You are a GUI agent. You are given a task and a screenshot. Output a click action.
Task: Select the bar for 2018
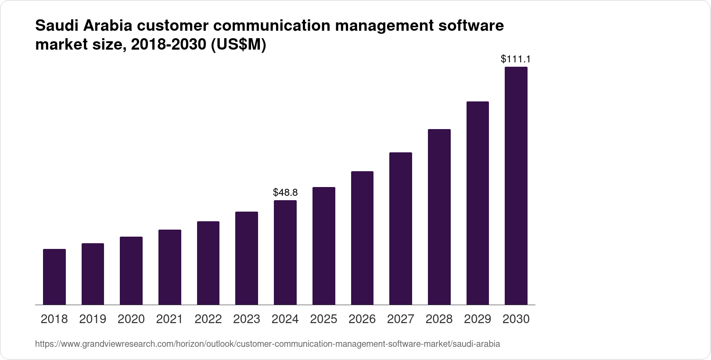tap(54, 277)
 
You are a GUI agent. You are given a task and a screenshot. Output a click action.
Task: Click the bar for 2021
tap(170, 267)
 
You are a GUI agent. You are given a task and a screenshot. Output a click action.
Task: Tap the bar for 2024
tap(285, 252)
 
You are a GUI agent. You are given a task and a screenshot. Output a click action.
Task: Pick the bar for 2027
tap(400, 228)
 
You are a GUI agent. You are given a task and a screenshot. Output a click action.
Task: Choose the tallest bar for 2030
tap(516, 186)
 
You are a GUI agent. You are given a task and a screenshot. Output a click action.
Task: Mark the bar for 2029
tap(478, 203)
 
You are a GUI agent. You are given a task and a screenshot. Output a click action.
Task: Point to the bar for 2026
tap(362, 238)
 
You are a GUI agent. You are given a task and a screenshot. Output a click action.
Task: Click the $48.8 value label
tap(285, 192)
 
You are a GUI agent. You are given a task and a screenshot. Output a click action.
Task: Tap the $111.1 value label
tap(516, 59)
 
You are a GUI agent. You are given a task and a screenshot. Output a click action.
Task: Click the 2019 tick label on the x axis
tap(93, 319)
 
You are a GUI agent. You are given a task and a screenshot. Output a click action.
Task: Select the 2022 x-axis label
tap(208, 319)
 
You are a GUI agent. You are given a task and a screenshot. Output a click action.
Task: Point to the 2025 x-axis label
tap(323, 319)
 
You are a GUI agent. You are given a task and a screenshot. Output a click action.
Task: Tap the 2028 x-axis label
tap(439, 319)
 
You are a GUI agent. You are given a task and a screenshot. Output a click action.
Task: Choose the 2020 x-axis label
tap(131, 319)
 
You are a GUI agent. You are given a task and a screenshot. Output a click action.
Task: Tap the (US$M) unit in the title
tap(239, 45)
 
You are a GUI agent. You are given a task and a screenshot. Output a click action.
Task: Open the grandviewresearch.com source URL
tap(267, 344)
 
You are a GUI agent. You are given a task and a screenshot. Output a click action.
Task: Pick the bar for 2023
tap(247, 258)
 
